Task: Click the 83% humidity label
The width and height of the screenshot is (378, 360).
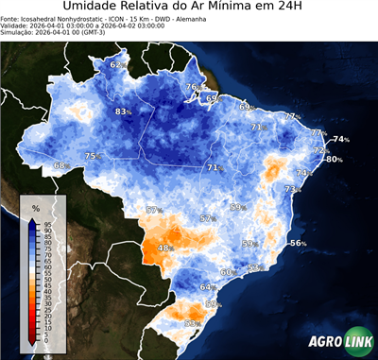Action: [x=122, y=112]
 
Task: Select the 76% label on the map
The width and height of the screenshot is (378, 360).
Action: [x=192, y=88]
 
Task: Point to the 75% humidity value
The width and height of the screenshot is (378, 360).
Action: [x=93, y=156]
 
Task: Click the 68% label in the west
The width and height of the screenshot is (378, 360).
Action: [x=61, y=165]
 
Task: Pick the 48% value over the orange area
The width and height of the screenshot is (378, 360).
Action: [x=166, y=249]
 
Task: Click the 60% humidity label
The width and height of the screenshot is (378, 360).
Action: [x=227, y=272]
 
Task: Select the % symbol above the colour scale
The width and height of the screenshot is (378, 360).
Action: [x=36, y=207]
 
